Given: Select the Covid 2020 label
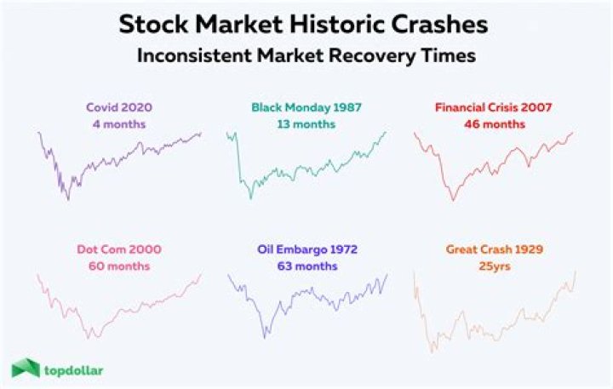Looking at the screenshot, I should pos(119,108).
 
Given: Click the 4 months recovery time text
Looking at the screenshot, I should pos(119,124).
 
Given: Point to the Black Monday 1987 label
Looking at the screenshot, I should pos(306,108).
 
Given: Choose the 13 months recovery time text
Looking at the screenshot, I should pos(306,124).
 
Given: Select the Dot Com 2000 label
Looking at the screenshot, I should pos(119,249).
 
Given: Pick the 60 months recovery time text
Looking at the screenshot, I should pos(119,266).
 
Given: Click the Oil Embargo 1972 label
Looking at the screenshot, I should pos(306,249).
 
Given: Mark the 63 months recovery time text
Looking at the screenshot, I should pos(306,266).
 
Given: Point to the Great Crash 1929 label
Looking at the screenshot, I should pos(494,249).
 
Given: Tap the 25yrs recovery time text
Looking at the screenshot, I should pos(494,266).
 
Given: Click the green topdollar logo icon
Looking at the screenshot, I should pos(26,368).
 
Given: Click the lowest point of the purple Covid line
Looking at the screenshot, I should pos(68,200).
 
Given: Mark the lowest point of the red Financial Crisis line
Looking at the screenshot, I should pos(452,200).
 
